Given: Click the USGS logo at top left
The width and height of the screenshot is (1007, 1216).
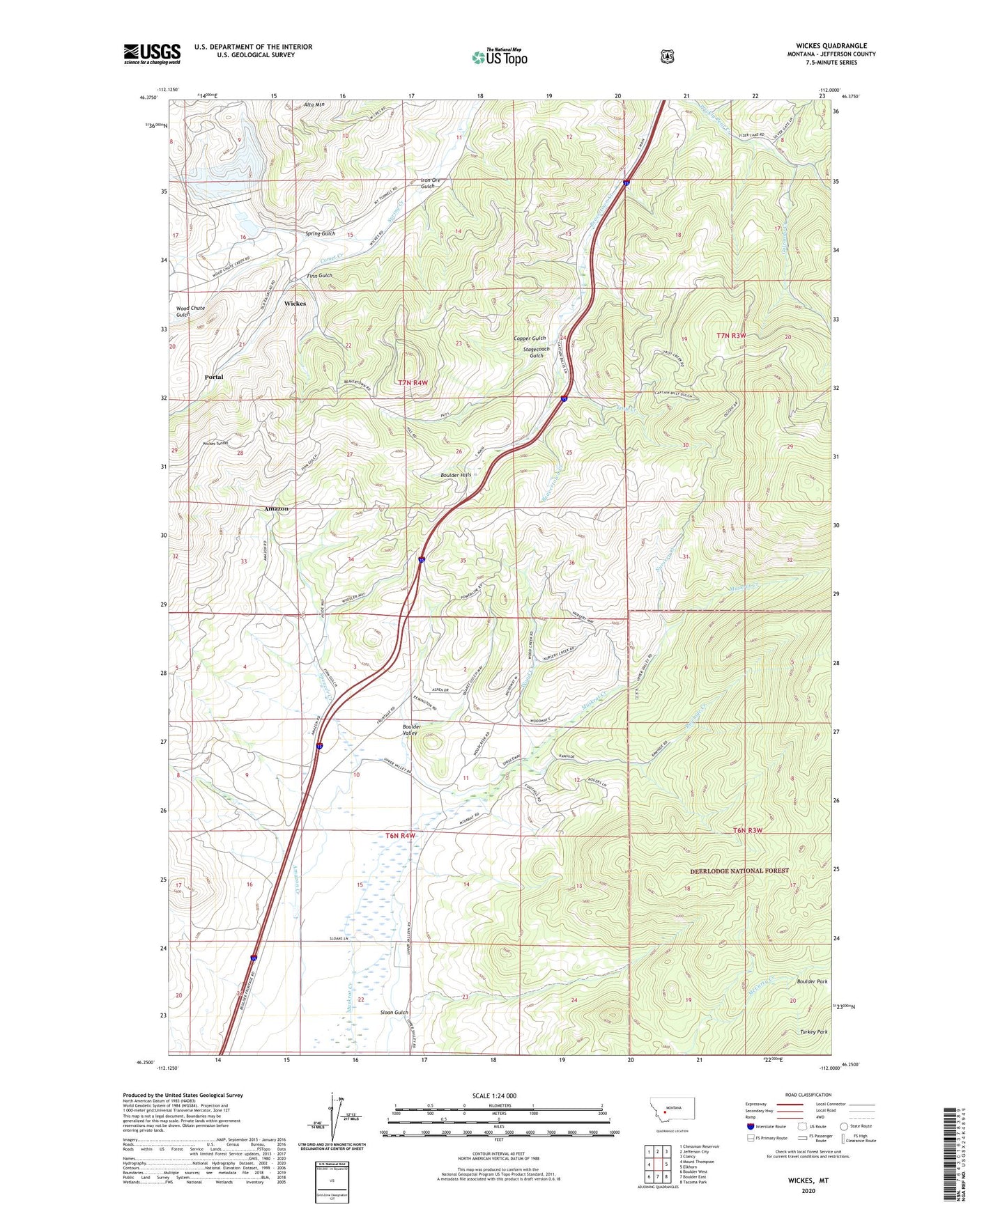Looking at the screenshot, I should [152, 54].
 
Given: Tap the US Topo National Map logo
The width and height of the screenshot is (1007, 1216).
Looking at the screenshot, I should [499, 57].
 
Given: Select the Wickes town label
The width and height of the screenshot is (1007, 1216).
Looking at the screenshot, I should [295, 304].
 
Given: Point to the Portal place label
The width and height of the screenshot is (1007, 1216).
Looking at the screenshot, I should [214, 377].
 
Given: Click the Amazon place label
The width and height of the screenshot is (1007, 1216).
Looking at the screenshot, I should [276, 509].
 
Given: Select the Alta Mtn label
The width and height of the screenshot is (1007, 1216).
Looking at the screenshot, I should [314, 104].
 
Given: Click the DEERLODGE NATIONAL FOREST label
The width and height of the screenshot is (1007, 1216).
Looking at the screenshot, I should [739, 871].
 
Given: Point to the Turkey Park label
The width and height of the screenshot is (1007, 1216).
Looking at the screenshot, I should [813, 1031].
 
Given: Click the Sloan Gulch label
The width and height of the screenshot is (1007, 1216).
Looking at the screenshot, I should [394, 1013].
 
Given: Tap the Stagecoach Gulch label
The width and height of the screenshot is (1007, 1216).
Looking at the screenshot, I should [537, 352].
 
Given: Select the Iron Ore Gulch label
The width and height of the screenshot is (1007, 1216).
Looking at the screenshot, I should [430, 183].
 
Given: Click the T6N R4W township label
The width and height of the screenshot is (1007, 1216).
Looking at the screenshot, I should [400, 835].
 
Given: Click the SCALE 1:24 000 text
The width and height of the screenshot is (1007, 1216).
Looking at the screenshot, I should [494, 1096].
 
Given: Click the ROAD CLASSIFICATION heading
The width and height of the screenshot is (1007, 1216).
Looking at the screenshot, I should [808, 1095].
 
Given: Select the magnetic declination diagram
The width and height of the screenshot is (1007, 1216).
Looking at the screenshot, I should [332, 1121].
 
